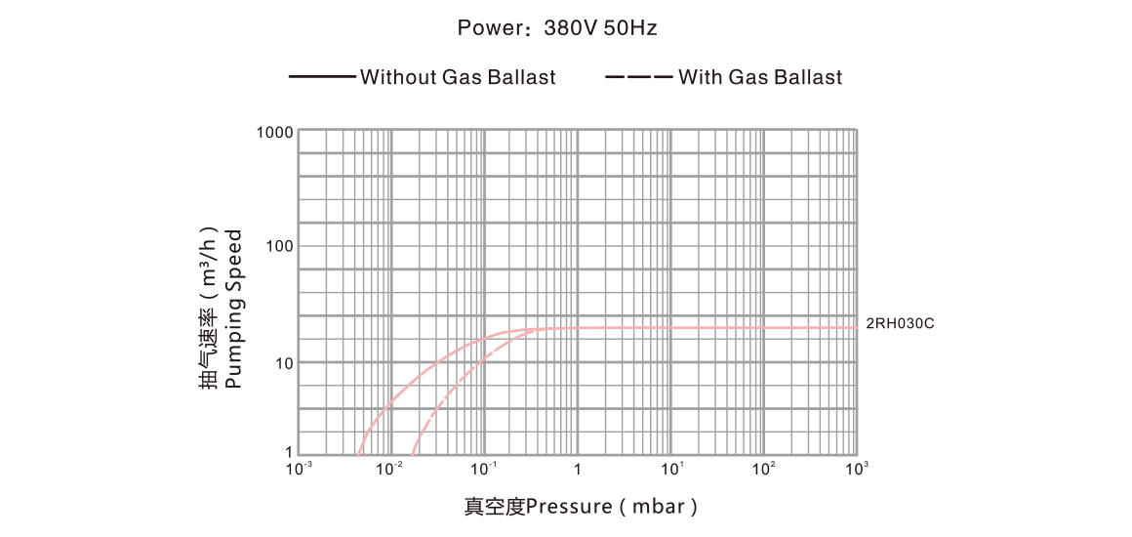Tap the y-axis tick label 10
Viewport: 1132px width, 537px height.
pos(283,363)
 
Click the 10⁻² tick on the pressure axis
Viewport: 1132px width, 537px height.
pos(391,471)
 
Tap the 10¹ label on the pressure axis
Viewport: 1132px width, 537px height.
pos(672,471)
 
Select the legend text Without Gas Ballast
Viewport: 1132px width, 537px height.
pos(458,78)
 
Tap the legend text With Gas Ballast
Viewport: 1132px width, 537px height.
pos(759,78)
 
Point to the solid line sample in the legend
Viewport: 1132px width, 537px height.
pos(323,78)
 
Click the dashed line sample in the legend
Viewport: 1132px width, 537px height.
pos(638,78)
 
